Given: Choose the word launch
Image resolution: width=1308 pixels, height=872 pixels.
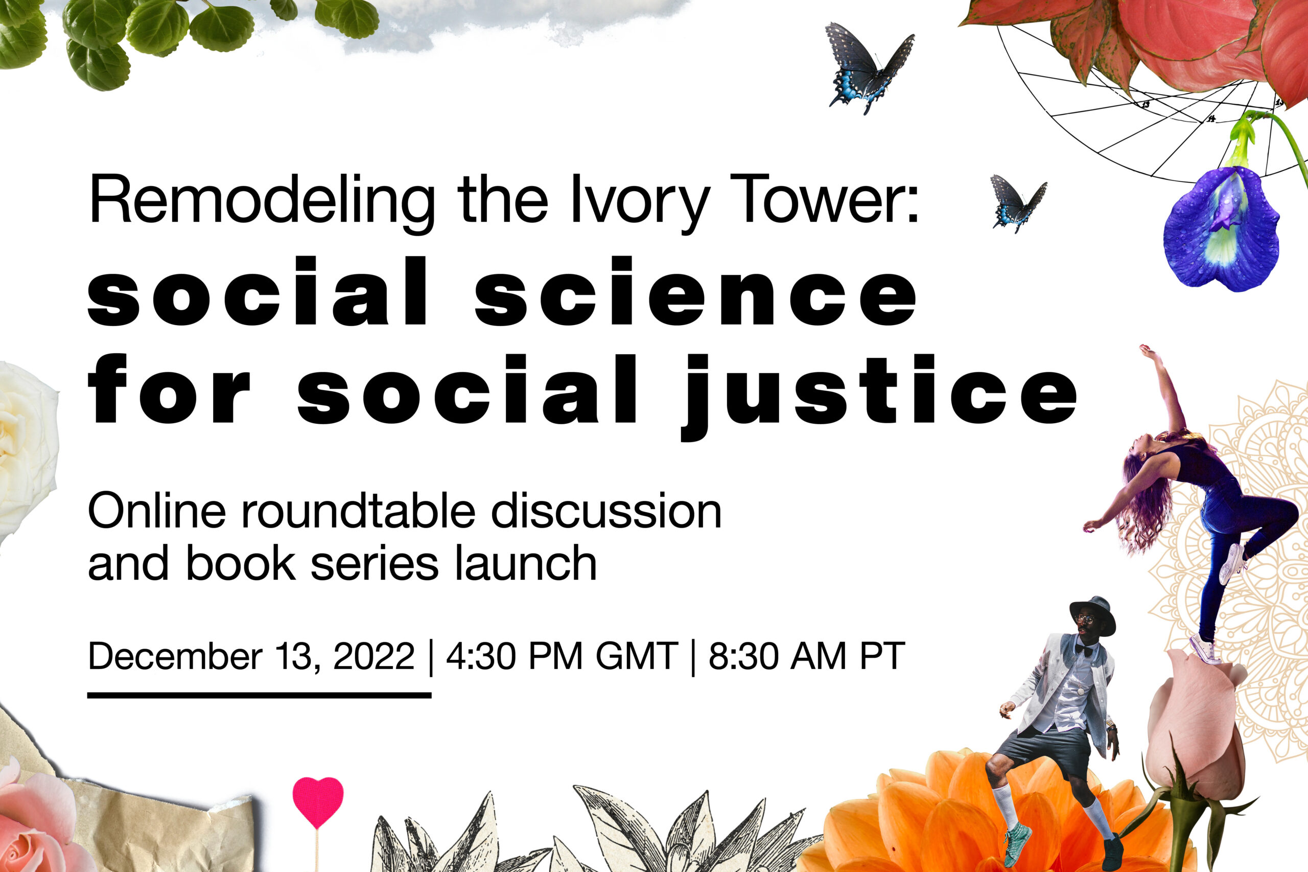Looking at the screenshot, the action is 525,563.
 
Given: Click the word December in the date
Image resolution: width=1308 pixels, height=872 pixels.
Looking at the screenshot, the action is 175,656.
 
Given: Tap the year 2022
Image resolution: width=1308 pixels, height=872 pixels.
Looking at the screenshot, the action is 373,656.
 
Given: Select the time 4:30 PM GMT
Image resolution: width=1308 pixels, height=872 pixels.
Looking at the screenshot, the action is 562,656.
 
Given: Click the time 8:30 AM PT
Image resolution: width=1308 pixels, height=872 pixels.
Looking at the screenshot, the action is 807,656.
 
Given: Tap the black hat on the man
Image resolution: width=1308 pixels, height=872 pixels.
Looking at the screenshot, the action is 1092,615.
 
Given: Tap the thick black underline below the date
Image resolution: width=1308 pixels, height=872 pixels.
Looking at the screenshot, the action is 259,695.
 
